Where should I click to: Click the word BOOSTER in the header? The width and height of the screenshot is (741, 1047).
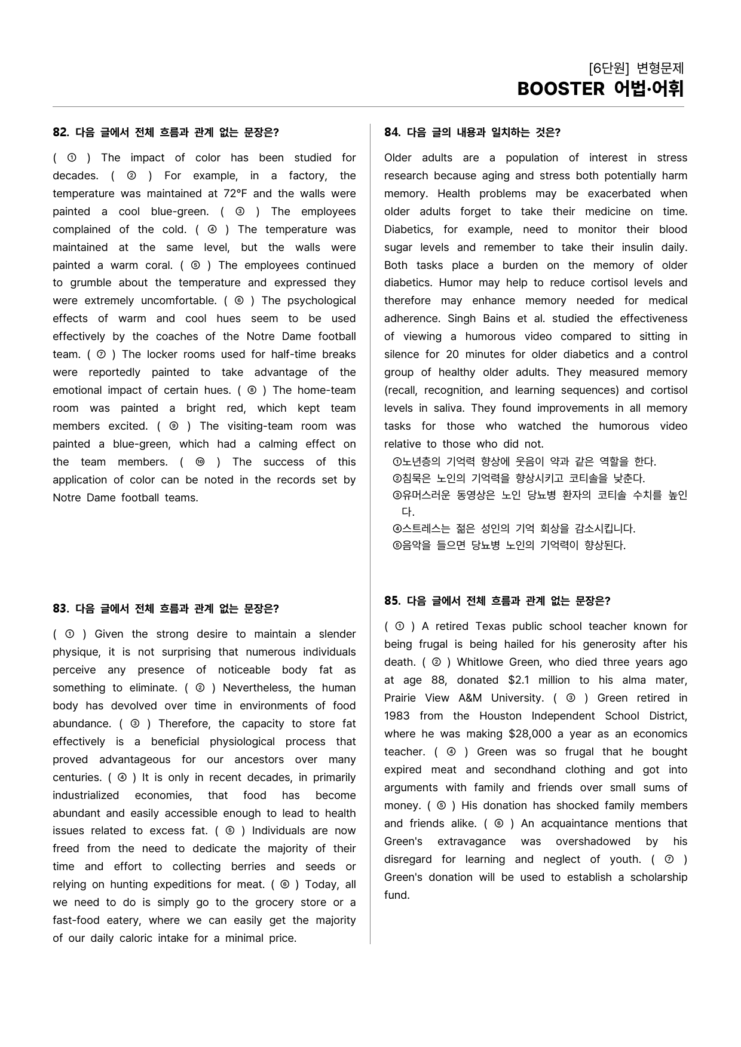pyautogui.click(x=561, y=89)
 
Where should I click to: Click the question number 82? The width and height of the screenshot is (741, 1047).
pyautogui.click(x=60, y=133)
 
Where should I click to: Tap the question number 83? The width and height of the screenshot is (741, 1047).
pyautogui.click(x=60, y=609)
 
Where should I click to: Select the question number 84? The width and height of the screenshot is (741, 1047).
pyautogui.click(x=391, y=133)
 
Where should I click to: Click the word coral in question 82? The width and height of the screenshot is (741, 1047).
pyautogui.click(x=158, y=265)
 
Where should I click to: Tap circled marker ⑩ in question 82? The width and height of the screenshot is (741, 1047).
pyautogui.click(x=200, y=462)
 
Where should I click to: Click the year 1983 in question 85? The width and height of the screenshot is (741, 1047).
pyautogui.click(x=397, y=716)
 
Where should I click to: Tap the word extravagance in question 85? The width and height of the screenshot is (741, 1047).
pyautogui.click(x=471, y=841)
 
